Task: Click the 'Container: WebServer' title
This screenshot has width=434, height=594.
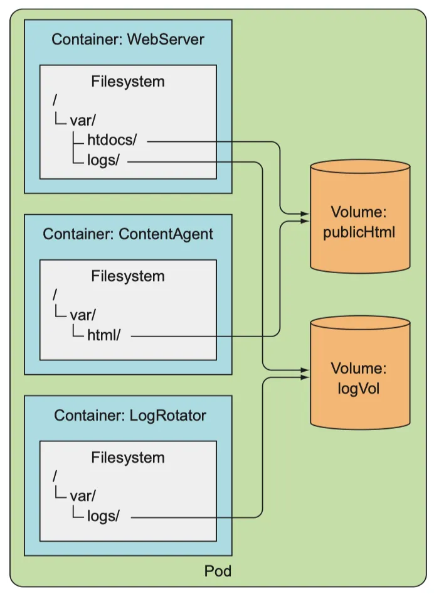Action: coord(128,40)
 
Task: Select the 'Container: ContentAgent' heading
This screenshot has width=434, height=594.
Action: coord(128,234)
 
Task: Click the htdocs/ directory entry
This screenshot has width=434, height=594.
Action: coord(112,142)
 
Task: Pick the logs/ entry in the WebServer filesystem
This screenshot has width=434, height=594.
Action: coord(103,161)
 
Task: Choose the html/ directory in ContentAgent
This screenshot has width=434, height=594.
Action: coord(103,335)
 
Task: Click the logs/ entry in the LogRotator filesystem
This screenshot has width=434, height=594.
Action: coord(103,517)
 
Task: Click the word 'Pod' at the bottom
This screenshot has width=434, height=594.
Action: coord(218,571)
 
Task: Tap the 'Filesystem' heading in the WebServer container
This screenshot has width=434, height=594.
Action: coord(128,82)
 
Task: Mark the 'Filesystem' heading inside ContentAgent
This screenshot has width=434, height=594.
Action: coord(128,276)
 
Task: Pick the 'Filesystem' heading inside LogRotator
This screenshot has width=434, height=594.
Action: coord(128,458)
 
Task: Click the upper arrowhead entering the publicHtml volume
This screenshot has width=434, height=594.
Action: coord(305,214)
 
